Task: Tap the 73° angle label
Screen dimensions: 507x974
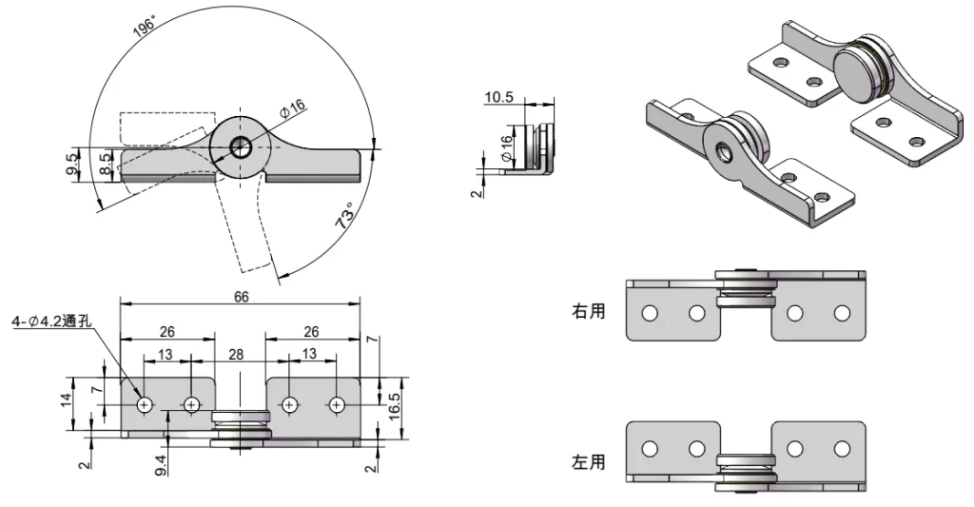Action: [x=345, y=216]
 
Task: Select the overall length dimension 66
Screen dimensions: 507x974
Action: [x=241, y=297]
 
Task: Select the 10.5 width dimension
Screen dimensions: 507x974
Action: [x=498, y=96]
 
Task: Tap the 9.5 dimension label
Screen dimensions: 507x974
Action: [x=73, y=163]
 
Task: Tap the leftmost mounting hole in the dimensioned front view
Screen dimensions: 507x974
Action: [x=145, y=405]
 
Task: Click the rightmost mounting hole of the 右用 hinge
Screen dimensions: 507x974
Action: [x=841, y=312]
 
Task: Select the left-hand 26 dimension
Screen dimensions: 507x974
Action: [x=166, y=332]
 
